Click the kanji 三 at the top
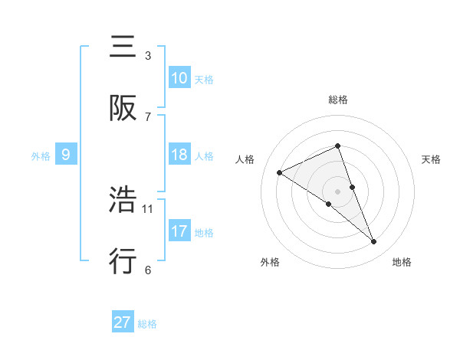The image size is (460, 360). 124,48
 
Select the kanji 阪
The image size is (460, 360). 124,108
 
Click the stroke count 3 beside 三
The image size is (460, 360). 148,56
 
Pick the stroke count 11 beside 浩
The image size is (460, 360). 148,208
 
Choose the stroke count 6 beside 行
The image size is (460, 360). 148,269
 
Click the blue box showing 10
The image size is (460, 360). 179,77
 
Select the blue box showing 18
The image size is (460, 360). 179,155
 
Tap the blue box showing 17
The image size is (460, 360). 179,231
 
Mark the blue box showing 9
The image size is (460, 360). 66,155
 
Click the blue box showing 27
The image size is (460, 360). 123,322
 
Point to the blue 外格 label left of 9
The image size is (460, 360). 41,155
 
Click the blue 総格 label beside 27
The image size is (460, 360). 147,324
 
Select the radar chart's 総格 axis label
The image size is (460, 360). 338,100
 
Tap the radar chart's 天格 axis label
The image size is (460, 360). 432,159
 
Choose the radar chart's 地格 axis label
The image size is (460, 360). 402,262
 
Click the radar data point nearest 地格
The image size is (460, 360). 374,242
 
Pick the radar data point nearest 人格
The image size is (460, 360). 280,173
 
